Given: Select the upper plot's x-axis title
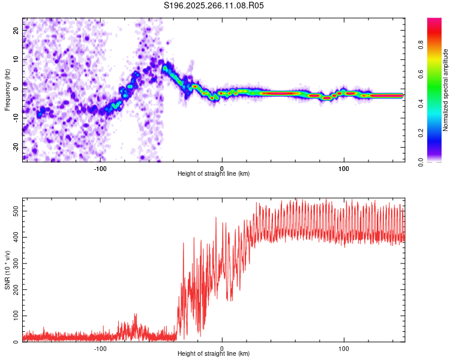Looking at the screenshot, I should [x=214, y=174].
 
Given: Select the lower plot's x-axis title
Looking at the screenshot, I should [x=214, y=354].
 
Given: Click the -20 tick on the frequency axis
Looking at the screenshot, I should [x=15, y=147].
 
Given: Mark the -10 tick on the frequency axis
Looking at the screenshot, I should [x=15, y=118].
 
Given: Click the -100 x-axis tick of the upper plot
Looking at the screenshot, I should [x=100, y=168].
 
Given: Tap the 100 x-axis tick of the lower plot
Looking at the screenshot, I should [x=344, y=348].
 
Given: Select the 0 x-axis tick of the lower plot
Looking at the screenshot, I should [x=222, y=348].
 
